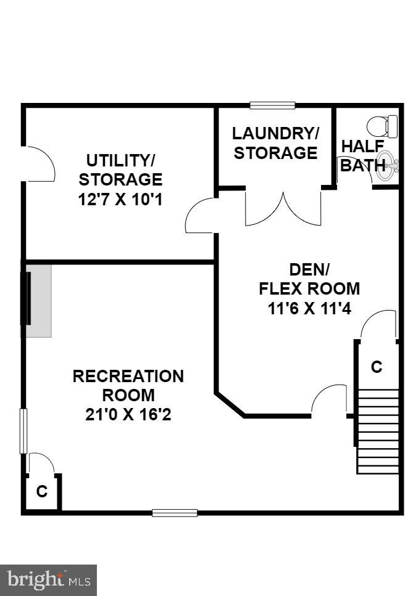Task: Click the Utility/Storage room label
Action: [120, 170]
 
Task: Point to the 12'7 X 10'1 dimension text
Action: [120, 200]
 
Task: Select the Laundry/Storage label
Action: [275, 143]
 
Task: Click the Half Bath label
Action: [362, 156]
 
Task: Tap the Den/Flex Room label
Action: [309, 279]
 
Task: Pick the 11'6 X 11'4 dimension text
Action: [309, 308]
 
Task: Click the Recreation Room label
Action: [128, 385]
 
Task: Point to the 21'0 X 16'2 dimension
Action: [128, 415]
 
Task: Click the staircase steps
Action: [378, 431]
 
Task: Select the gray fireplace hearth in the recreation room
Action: [38, 300]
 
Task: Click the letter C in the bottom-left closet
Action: [42, 492]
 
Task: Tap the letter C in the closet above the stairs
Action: [377, 367]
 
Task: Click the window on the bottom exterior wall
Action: [175, 512]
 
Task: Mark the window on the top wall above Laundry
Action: [272, 105]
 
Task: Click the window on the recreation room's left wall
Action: [23, 431]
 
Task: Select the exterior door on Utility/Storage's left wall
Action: [37, 164]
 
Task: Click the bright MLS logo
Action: [48, 580]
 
